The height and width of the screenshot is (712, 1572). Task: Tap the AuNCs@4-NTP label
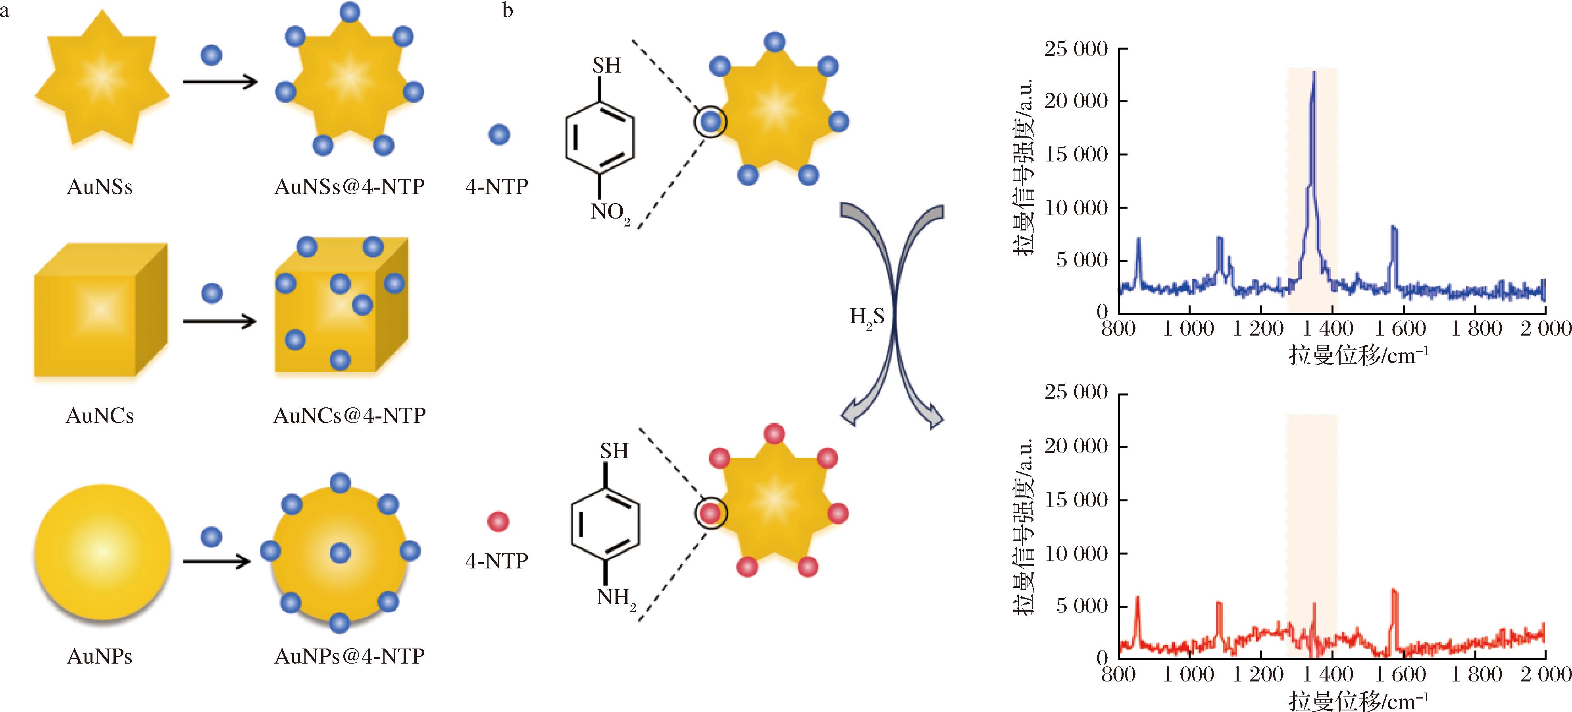pyautogui.click(x=349, y=415)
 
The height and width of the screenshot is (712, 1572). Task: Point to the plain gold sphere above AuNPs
pyautogui.click(x=102, y=552)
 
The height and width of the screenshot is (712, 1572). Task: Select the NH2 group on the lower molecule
pyautogui.click(x=616, y=598)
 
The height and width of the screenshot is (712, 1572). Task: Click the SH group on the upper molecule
pyautogui.click(x=606, y=65)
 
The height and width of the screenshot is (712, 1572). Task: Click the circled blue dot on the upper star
pyautogui.click(x=710, y=122)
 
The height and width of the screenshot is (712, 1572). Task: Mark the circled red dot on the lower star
pyautogui.click(x=710, y=513)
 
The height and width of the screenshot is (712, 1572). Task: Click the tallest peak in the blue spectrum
pyautogui.click(x=1313, y=73)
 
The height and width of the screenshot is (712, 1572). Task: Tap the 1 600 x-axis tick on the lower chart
pyautogui.click(x=1400, y=674)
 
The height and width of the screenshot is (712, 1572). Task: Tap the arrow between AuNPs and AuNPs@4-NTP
pyautogui.click(x=217, y=561)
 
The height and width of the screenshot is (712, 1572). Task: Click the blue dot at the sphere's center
pyautogui.click(x=340, y=553)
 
